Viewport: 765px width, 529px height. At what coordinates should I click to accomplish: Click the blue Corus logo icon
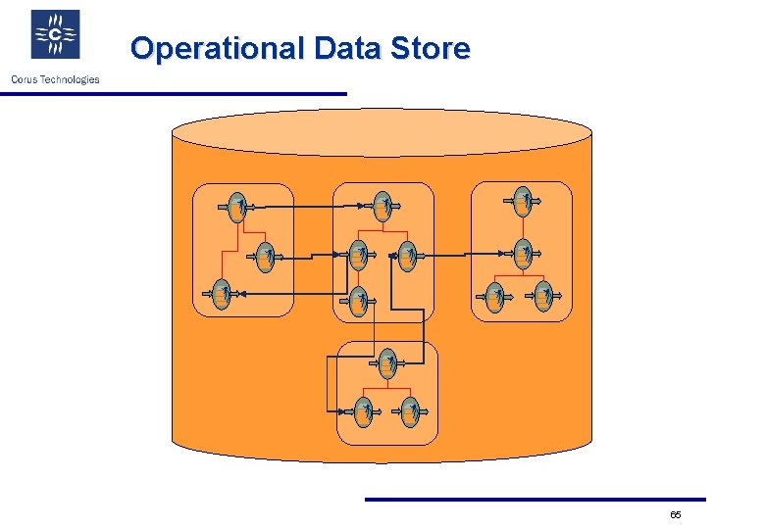coord(56,35)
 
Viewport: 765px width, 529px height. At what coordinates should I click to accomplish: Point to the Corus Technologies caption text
coord(55,79)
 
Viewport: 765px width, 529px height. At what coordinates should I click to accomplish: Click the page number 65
coord(676,515)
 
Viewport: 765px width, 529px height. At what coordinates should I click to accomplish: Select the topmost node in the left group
coord(236,206)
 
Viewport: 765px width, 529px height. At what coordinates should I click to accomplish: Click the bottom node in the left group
coord(223,293)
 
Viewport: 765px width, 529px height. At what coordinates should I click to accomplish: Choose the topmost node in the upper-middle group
coord(384,206)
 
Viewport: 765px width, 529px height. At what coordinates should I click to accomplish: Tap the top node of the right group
coord(523,200)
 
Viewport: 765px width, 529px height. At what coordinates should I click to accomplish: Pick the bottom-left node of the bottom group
coord(363,411)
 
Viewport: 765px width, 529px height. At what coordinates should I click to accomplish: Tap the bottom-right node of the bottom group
coord(410,411)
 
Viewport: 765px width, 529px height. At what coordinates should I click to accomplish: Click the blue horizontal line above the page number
coord(535,500)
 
